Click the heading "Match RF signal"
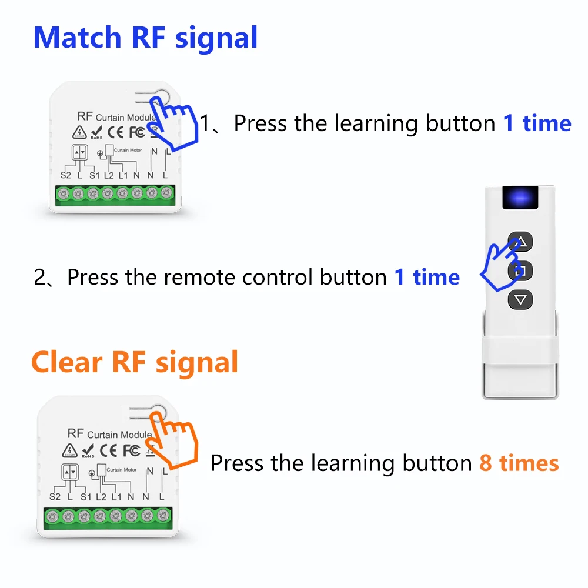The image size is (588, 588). click(x=145, y=38)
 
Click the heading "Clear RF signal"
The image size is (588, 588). click(x=135, y=362)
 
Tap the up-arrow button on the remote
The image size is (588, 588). click(x=521, y=242)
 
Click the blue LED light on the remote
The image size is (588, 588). click(x=520, y=200)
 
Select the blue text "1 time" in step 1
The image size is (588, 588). click(x=537, y=123)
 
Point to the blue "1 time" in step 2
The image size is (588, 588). click(x=427, y=277)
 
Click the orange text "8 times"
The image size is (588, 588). click(x=519, y=463)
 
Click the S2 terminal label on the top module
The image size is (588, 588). click(x=66, y=175)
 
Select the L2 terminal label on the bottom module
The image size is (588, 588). click(x=101, y=497)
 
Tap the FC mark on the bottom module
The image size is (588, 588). click(x=131, y=451)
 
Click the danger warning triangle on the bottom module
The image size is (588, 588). click(x=69, y=451)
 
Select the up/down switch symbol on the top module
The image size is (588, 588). click(x=79, y=152)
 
